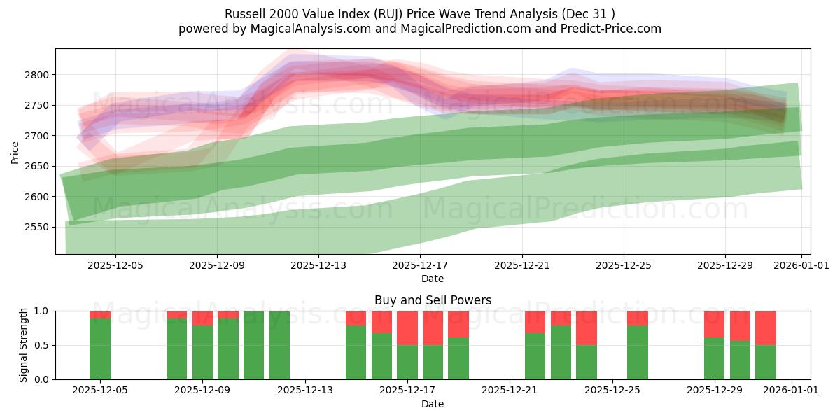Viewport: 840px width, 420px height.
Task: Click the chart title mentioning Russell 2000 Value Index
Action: point(420,13)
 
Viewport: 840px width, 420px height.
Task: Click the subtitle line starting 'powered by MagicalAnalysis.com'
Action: point(420,29)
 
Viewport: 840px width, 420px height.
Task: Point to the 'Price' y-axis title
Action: point(15,151)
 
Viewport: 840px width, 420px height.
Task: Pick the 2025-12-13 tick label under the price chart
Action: point(318,265)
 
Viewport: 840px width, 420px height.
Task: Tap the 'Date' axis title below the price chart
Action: point(433,279)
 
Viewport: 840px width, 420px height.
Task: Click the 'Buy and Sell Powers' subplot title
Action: point(433,300)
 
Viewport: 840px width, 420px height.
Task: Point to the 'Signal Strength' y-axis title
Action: point(23,345)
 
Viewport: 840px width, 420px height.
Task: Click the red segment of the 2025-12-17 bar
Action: point(407,328)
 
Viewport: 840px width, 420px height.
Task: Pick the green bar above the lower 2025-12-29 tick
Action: point(715,358)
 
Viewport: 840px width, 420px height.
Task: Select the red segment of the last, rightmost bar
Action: point(766,328)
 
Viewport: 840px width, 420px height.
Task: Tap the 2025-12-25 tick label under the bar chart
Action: point(612,391)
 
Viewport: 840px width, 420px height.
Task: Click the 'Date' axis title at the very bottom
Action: point(433,404)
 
